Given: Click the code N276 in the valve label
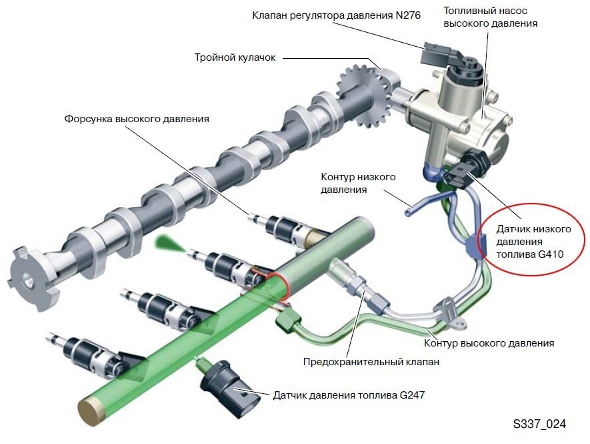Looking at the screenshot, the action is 408,15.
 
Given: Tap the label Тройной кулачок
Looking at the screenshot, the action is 235,57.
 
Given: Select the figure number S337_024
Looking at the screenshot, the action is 539,424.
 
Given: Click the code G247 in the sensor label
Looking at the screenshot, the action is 412,395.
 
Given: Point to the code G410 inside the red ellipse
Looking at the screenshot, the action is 551,254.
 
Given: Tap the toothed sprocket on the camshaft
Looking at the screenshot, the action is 364,95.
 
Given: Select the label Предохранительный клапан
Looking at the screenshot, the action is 371,362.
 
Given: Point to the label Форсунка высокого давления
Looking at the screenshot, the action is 137,119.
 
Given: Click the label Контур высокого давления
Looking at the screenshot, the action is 489,343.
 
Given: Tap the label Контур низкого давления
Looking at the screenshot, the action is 358,183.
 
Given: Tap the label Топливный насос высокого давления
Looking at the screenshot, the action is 490,17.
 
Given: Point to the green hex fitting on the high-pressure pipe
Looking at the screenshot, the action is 288,320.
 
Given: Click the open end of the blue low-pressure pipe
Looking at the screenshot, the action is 408,214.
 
